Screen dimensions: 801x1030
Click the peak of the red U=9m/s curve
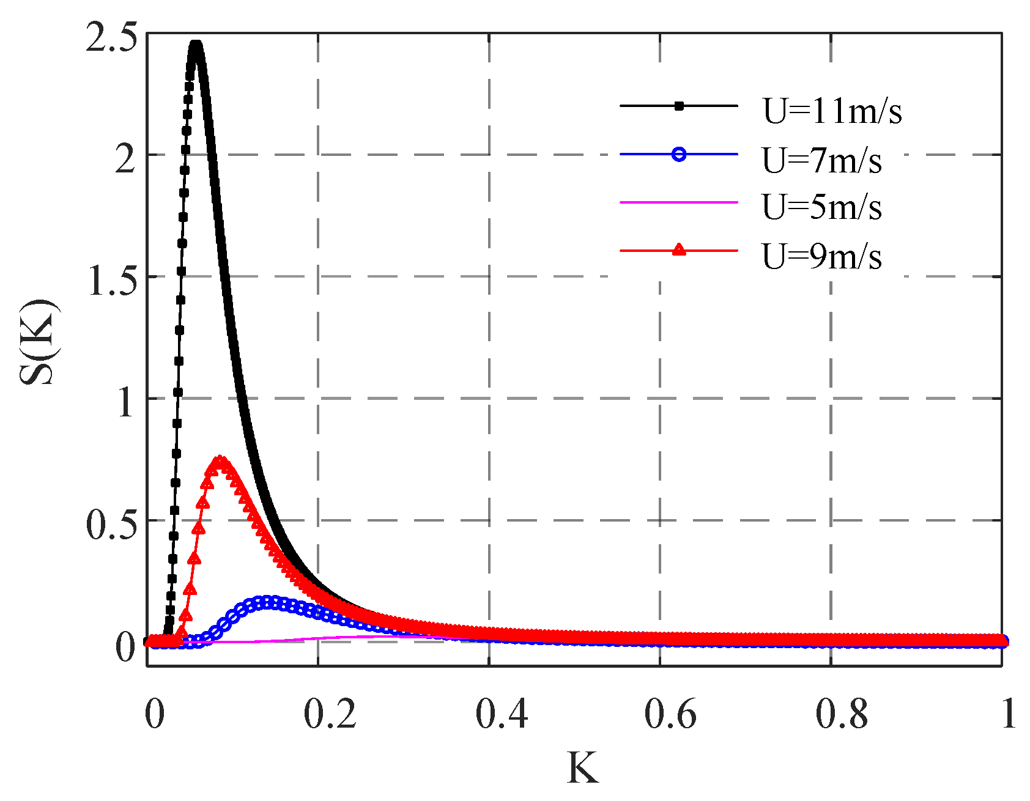click(x=220, y=459)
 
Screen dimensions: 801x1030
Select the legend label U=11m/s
click(x=832, y=111)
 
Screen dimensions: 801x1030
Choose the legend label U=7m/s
click(x=821, y=160)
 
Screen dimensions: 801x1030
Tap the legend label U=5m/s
click(x=821, y=207)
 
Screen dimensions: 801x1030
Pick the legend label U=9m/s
click(x=821, y=256)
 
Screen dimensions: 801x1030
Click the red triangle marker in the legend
click(x=678, y=249)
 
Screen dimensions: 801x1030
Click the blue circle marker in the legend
click(x=678, y=154)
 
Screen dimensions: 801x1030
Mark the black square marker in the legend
click(x=678, y=106)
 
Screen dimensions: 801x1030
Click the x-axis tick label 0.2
click(x=330, y=714)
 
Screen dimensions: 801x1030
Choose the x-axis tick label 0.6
click(x=670, y=714)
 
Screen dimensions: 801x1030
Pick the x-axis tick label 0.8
click(x=842, y=714)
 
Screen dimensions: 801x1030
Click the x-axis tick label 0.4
click(x=501, y=714)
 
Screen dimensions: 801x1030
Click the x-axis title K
click(x=582, y=768)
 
